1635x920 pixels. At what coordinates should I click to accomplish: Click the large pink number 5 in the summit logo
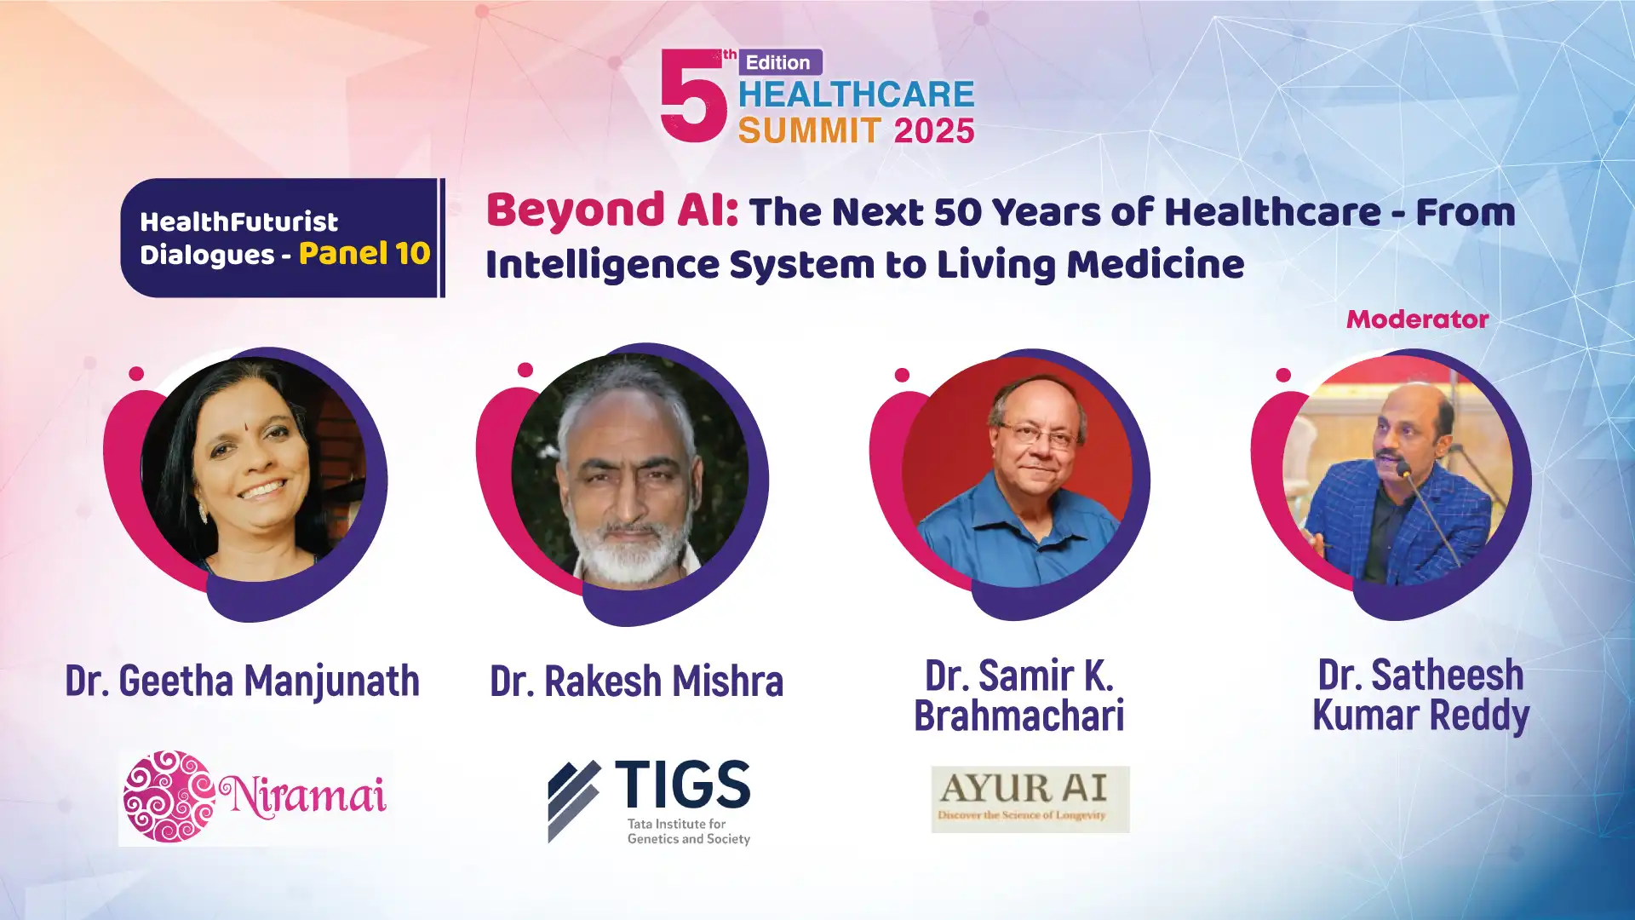coord(693,95)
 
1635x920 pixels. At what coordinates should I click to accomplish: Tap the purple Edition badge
coord(779,62)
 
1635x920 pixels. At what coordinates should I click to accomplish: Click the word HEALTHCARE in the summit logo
coord(856,95)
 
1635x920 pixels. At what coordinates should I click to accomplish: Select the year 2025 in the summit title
coord(934,131)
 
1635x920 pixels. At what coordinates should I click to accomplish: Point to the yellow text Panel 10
coord(364,253)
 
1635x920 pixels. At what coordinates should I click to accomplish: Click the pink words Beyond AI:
coord(612,210)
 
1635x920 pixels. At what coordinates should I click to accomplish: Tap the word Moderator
coord(1417,319)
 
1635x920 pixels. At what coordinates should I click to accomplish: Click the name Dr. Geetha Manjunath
coord(243,681)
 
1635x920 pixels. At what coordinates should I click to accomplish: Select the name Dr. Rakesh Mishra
coord(636,681)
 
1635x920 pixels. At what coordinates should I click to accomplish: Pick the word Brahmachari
coord(1019,715)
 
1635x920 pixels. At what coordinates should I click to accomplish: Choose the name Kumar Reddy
coord(1421,716)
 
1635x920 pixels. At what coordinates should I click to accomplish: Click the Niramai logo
coord(255,797)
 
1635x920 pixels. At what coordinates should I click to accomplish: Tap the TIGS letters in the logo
coord(682,784)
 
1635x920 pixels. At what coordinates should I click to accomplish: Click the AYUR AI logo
coord(1030,799)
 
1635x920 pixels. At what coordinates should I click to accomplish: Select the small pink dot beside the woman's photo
coord(136,373)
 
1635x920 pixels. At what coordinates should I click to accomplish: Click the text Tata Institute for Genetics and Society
coord(689,831)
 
